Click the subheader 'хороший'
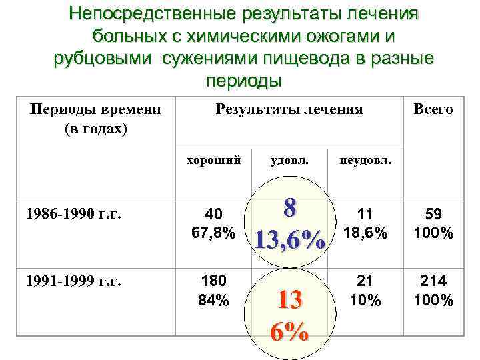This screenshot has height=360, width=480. [213, 160]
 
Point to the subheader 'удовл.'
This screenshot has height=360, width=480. [289, 160]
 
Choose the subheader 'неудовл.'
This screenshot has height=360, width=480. [365, 160]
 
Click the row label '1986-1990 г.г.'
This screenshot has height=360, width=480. [67, 215]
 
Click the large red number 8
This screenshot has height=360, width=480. [289, 207]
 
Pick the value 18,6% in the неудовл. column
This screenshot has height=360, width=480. [365, 233]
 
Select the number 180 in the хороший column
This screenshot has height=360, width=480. [214, 281]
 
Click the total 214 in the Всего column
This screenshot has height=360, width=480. [433, 281]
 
